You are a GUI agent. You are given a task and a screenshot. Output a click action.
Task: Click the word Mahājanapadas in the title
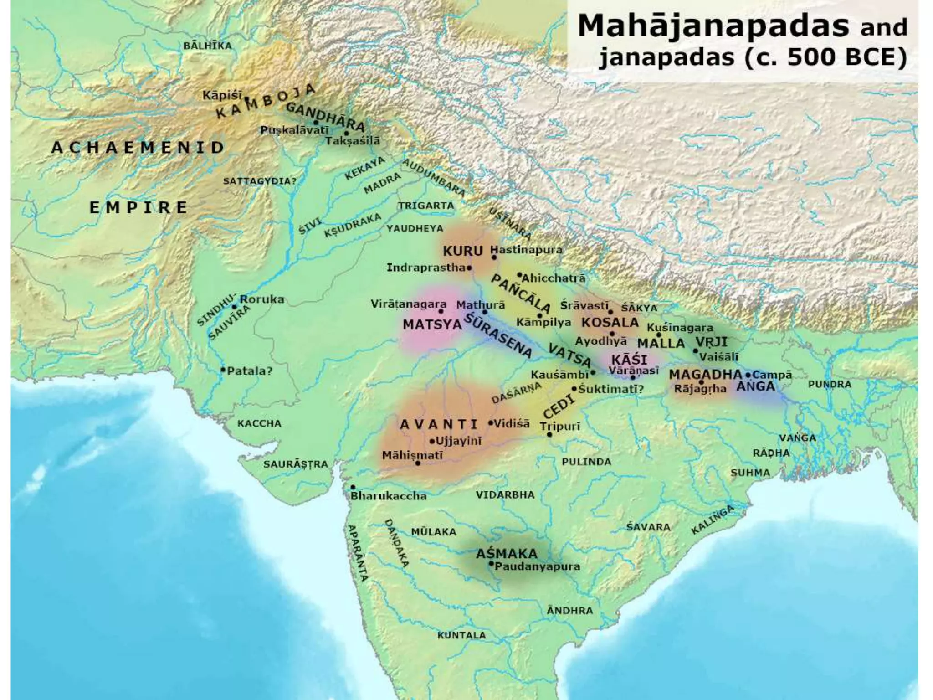713,26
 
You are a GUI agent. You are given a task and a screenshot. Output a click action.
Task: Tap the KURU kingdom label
462,251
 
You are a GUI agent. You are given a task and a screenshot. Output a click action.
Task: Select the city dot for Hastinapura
494,257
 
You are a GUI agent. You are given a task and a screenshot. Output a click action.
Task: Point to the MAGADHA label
705,375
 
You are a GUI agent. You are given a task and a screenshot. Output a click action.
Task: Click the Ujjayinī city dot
432,441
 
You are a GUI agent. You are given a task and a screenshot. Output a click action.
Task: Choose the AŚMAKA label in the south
507,554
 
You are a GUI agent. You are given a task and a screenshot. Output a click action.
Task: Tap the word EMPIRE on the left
138,208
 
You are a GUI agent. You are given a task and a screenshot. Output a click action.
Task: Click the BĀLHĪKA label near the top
207,46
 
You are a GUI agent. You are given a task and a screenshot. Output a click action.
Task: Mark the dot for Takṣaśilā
346,133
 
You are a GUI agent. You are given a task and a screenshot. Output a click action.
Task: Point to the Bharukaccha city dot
353,487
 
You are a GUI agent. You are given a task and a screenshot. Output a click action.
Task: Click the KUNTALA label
461,635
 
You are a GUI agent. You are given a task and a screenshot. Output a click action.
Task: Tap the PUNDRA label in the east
830,385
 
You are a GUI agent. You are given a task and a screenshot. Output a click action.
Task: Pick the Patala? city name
250,371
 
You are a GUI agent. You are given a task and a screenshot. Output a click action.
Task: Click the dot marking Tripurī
549,434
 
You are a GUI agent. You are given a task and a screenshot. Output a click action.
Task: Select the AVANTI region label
439,425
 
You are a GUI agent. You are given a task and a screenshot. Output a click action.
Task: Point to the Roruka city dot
234,307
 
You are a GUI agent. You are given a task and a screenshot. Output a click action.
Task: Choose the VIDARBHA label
505,495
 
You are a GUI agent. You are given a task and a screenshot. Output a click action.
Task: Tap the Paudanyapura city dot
491,564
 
